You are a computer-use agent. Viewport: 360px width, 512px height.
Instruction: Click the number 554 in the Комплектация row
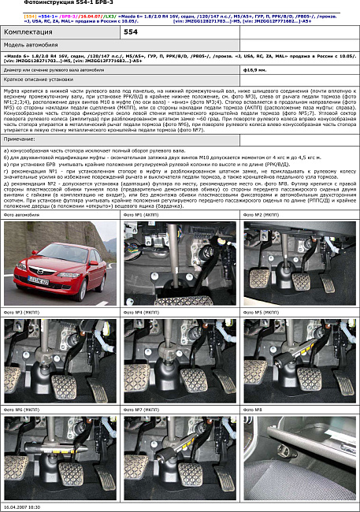pos(131,33)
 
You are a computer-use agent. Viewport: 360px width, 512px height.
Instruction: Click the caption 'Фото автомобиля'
pos(20,214)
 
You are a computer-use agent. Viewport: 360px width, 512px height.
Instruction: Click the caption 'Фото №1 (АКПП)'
pos(142,214)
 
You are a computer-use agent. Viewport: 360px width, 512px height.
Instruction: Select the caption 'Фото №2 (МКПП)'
pos(262,214)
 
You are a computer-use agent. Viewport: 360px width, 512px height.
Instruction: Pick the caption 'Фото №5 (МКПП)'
pos(262,312)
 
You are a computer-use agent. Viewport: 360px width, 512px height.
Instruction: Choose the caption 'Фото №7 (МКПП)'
pos(142,410)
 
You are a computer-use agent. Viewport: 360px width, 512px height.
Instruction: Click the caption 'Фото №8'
pos(253,410)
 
